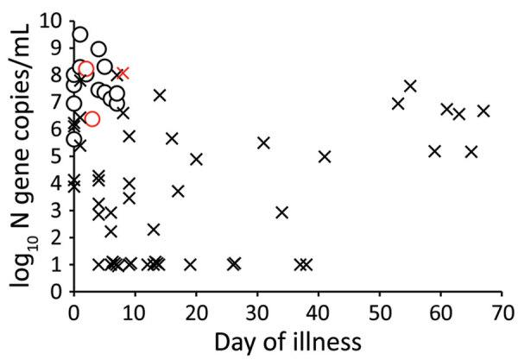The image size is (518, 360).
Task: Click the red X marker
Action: point(123,73)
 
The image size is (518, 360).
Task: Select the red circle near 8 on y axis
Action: point(85,69)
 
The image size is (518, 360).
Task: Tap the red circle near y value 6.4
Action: point(92,118)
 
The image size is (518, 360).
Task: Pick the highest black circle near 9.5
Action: point(79,35)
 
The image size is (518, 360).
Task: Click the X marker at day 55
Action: point(410,85)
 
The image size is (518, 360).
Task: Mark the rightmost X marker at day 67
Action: point(483,111)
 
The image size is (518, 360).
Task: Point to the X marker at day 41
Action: point(325,156)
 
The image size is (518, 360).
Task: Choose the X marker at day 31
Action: point(263,142)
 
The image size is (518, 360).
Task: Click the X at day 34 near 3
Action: point(281,212)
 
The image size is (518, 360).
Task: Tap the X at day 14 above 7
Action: point(160,94)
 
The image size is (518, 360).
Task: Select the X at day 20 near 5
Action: point(196,159)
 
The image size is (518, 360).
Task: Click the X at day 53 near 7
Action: point(398,104)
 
